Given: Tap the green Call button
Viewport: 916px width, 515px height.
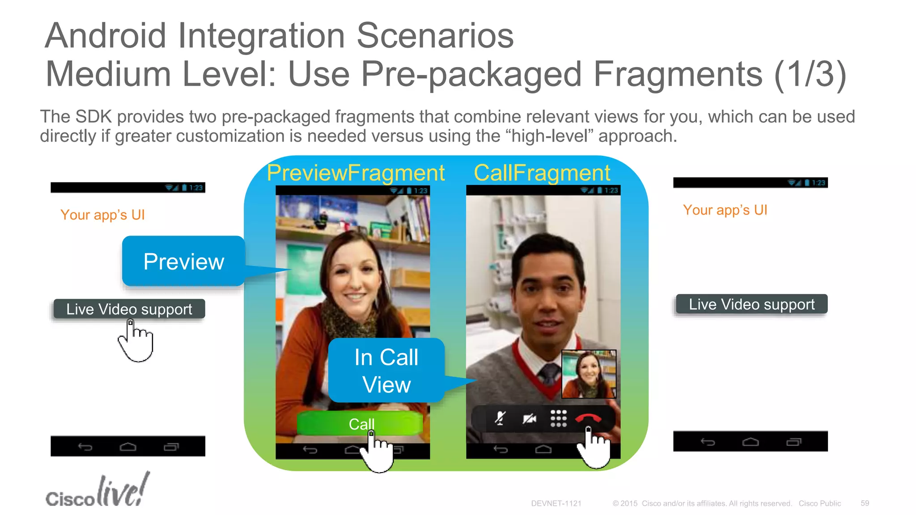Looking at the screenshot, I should coord(360,423).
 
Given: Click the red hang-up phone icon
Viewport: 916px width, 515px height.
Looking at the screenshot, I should coord(588,418).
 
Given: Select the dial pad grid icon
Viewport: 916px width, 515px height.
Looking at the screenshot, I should coord(558,418).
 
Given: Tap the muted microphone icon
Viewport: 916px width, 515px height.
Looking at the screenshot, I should coord(500,418).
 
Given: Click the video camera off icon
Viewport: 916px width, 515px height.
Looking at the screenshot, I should coord(530,418).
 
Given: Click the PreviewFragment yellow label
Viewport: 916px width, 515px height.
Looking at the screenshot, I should coord(356,173).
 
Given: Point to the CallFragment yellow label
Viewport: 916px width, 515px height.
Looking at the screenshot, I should coord(542,173).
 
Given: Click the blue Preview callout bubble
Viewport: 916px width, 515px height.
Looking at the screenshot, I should coord(183,261).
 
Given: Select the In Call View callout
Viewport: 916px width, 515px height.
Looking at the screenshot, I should coord(386,371).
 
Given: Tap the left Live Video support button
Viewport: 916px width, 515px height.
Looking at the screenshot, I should coord(129,309).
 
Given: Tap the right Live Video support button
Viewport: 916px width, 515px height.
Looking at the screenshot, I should coord(751,304).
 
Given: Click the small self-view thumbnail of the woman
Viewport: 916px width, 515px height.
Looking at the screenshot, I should coord(589,374).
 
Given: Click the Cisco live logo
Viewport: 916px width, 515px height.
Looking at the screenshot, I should coord(97,492).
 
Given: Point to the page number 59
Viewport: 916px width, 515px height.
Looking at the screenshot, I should coord(865,503).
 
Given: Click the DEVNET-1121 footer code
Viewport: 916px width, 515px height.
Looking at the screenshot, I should coord(556,503).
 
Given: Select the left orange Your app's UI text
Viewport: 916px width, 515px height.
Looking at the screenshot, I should coord(102,215).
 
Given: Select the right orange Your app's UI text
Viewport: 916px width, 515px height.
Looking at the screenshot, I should coord(725,210).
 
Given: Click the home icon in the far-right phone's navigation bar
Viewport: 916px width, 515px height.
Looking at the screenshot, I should coord(751,442).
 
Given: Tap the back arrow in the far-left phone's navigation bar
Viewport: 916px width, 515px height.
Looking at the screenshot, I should coord(85,447).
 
